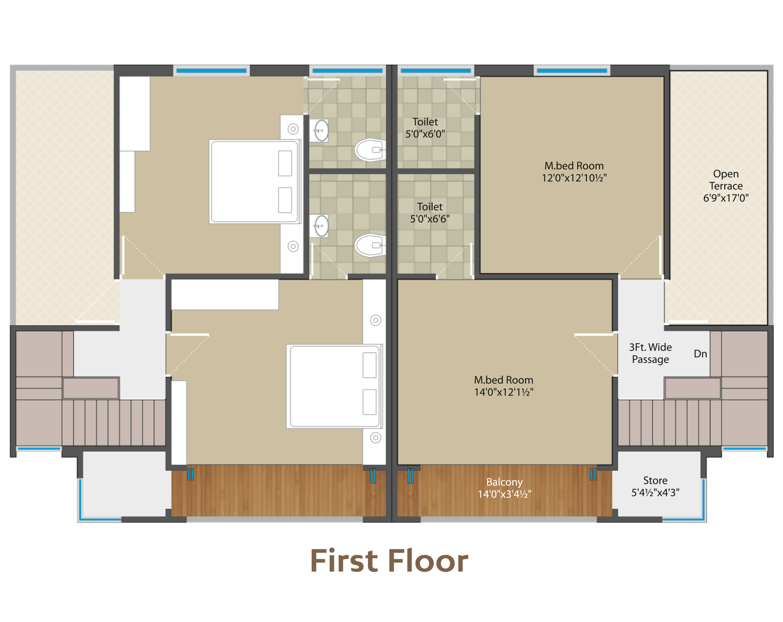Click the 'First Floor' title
pos(389,561)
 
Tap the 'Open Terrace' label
pos(726,180)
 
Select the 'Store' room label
pos(655,480)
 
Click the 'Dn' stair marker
pos(700,354)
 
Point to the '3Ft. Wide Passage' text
pos(650,353)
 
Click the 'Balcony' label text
pos(504,482)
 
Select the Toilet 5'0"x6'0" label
pos(425,128)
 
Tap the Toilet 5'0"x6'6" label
pos(429,213)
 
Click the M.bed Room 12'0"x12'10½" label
pos(574,172)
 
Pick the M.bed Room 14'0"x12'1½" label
pos(503,386)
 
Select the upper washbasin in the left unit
pos(320,130)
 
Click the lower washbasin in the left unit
pos(320,226)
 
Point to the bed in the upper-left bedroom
pos(255,182)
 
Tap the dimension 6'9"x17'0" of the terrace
pos(726,198)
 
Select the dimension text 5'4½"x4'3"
pos(655,492)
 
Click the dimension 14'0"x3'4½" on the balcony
pos(504,494)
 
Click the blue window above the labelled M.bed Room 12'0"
pos(572,71)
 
